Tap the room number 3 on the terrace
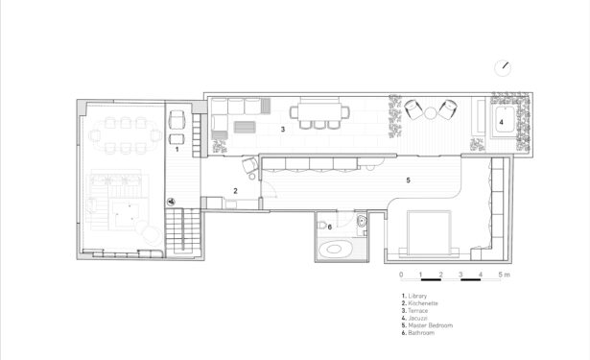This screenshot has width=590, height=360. click(x=283, y=130)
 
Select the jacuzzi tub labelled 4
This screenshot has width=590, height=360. click(x=505, y=119)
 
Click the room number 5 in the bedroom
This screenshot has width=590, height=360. click(x=409, y=180)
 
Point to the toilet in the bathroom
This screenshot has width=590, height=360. click(x=321, y=226)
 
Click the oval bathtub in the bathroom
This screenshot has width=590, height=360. click(x=336, y=249)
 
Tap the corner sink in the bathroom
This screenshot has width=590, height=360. click(x=362, y=220)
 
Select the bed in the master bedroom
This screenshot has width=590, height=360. click(x=429, y=232)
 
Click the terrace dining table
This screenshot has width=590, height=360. click(x=319, y=112)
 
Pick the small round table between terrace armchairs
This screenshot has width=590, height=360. click(x=430, y=112)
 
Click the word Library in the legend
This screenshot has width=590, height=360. click(x=417, y=296)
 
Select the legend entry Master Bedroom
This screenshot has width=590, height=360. click(x=430, y=325)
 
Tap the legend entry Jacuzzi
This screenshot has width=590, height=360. click(x=417, y=318)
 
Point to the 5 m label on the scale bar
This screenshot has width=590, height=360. click(x=505, y=275)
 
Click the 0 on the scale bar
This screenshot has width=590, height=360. click(x=401, y=275)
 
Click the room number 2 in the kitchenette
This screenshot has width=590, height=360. click(x=236, y=191)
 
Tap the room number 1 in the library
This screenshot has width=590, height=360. click(x=177, y=150)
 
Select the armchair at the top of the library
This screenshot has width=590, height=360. click(x=177, y=119)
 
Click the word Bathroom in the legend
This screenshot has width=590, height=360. click(x=421, y=333)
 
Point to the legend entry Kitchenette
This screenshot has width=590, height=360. click(x=423, y=303)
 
